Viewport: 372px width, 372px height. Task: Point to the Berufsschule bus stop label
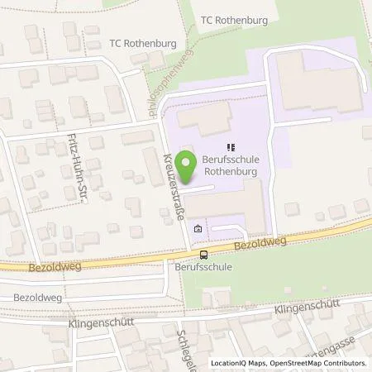point(203,268)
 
